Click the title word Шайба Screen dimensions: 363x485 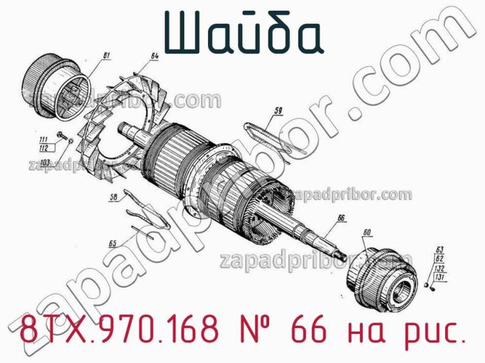coord(242,32)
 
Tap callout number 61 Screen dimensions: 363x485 coord(107,56)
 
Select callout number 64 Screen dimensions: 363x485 coord(155,56)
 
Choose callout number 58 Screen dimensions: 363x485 coord(114,197)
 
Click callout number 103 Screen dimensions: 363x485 coord(45,162)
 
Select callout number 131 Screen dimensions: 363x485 coord(440,277)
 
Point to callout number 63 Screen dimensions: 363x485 coord(440,249)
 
